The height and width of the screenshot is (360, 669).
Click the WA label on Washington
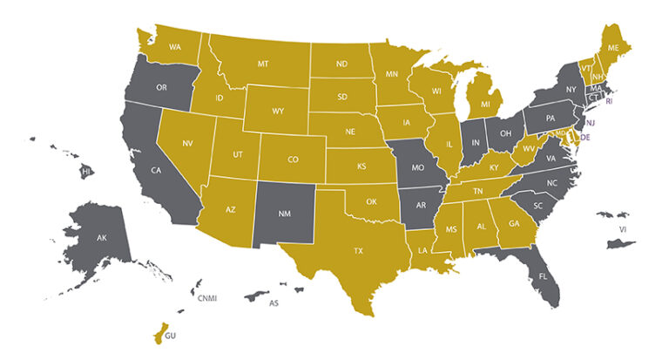point(175,46)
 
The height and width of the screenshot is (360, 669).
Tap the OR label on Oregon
point(161,88)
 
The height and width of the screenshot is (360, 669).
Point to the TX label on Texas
point(358,250)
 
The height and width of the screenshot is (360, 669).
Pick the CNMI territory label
point(207,298)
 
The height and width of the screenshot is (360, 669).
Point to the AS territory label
point(273,303)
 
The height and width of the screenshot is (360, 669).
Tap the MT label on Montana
point(262,65)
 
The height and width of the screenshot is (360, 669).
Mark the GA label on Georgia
point(513,223)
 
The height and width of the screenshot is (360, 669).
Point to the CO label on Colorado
point(292,160)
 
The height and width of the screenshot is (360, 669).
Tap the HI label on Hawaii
point(86,173)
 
